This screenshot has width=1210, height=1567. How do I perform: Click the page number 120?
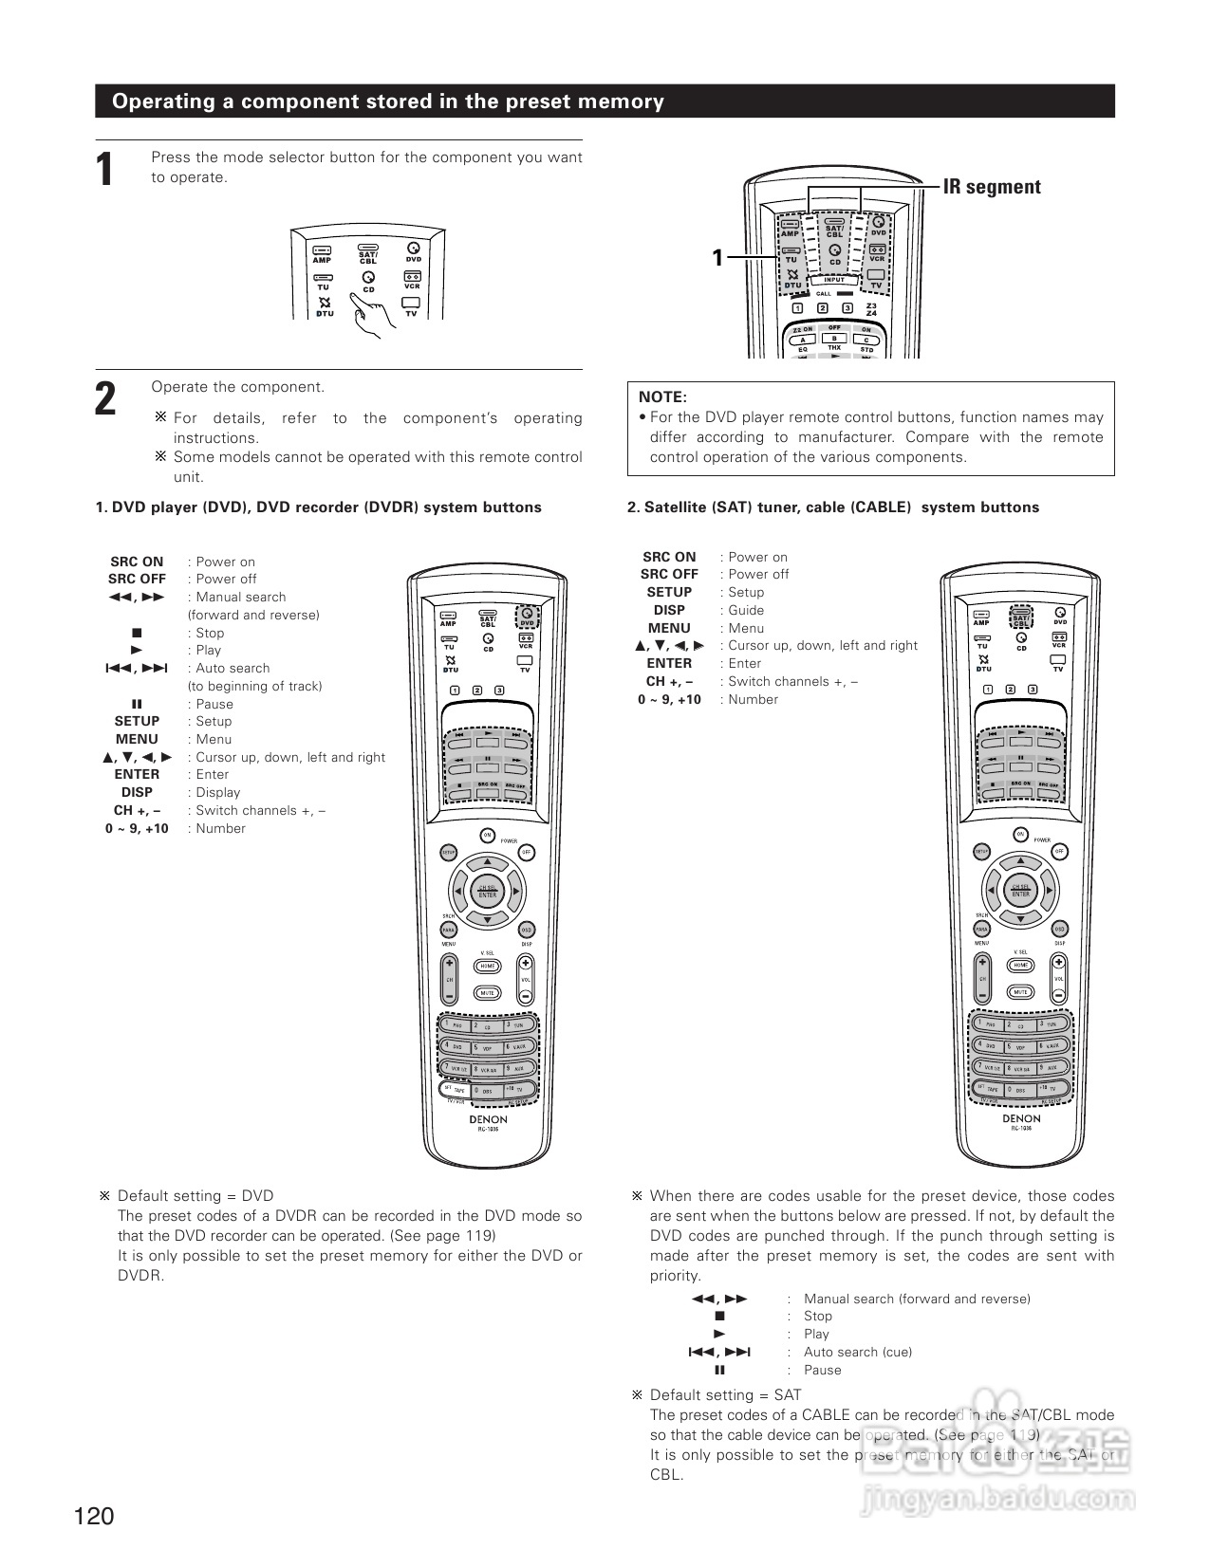[x=94, y=1516]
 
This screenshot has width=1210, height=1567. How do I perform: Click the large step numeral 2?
[x=105, y=399]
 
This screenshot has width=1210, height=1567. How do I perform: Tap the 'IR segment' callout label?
[x=992, y=187]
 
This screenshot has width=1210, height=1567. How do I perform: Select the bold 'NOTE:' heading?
[x=662, y=397]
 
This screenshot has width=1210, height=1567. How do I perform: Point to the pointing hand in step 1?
[x=369, y=314]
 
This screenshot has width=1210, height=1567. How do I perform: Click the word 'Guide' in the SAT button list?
[x=746, y=610]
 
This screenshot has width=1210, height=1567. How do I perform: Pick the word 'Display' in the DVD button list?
[x=218, y=792]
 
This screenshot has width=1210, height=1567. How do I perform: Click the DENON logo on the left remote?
[x=488, y=1119]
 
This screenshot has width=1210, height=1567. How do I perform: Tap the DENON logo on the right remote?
[x=1021, y=1118]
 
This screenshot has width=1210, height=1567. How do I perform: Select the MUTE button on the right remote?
[x=1021, y=992]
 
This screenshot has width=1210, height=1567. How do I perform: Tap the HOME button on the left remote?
[x=488, y=966]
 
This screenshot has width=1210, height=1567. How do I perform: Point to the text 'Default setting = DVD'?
[x=195, y=1195]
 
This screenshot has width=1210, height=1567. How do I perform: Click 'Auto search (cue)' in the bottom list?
[x=857, y=1352]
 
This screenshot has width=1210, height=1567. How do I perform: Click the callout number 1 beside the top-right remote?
[x=717, y=257]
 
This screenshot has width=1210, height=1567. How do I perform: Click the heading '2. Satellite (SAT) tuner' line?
[x=832, y=507]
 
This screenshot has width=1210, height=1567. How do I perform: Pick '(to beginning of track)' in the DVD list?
[x=254, y=686]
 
